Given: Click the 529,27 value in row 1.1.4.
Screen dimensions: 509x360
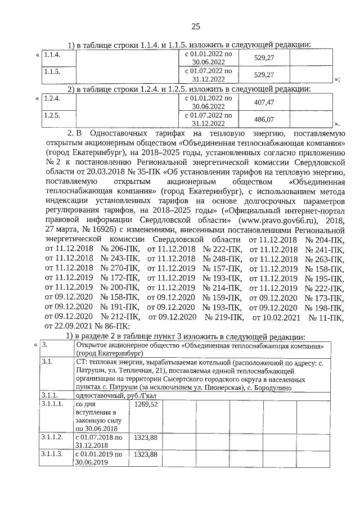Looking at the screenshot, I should (264, 58).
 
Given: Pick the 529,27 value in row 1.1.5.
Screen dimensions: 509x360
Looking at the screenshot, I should (264, 75).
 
